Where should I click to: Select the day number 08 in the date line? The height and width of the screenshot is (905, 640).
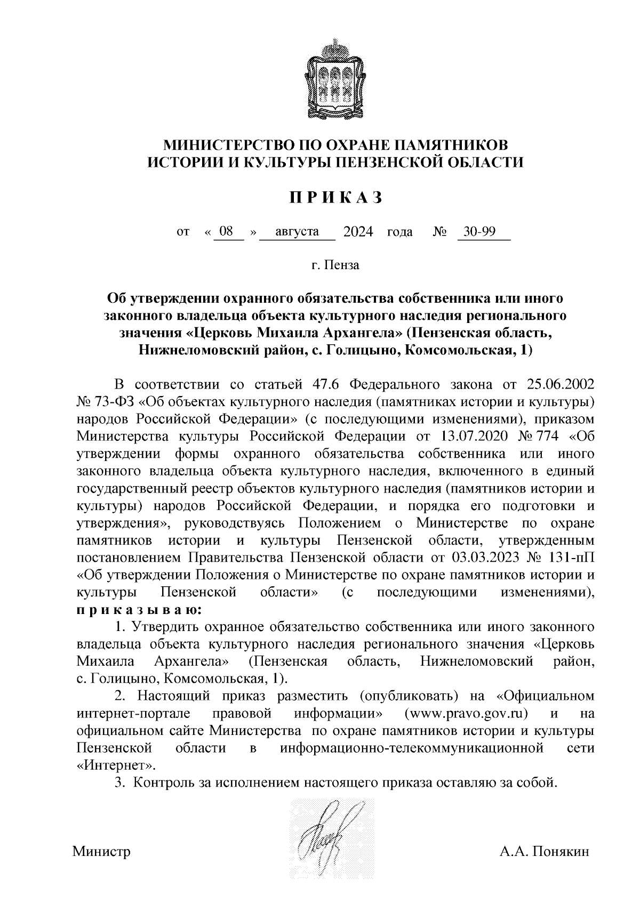(x=226, y=231)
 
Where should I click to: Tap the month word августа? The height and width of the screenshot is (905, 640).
(x=297, y=231)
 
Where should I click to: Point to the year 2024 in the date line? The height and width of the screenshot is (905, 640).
(x=358, y=231)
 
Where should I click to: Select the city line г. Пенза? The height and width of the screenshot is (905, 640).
(x=336, y=265)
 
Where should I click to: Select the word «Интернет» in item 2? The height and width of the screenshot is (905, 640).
(x=116, y=765)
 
